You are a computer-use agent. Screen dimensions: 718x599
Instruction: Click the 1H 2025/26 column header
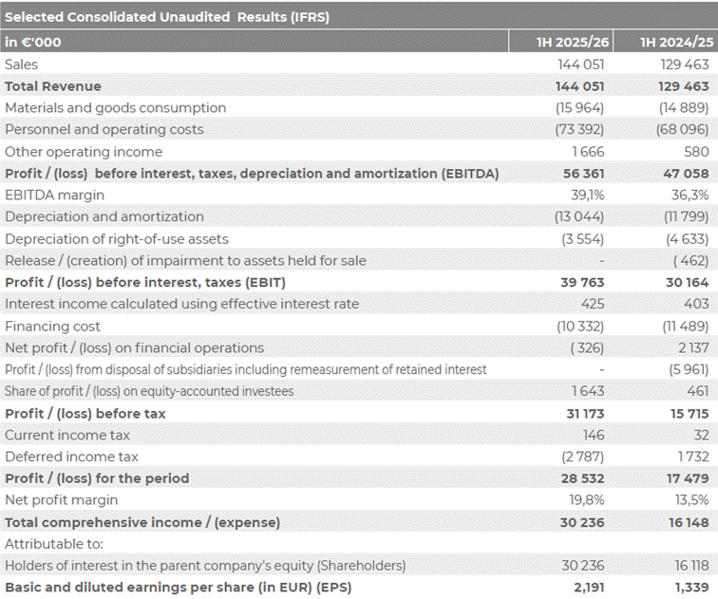tap(573, 42)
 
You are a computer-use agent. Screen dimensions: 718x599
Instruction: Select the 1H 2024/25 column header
tap(677, 42)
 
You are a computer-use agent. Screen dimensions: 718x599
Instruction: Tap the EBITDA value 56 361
tap(583, 174)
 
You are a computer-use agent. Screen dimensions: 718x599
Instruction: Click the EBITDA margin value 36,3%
tap(690, 195)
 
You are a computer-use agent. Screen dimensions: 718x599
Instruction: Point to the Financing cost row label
tap(52, 327)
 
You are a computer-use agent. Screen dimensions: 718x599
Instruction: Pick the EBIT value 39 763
tap(582, 282)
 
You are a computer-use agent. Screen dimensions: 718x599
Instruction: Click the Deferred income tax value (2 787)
tap(582, 457)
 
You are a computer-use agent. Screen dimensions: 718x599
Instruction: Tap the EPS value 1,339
tap(691, 587)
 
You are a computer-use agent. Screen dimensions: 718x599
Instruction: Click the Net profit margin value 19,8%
tap(587, 500)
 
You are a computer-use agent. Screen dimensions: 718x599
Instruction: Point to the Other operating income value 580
tap(696, 152)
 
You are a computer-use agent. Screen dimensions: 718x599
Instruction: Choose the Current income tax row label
tap(67, 435)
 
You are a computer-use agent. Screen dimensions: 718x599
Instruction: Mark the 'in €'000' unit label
tap(33, 42)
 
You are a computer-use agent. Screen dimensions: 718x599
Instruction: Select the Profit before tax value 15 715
tap(690, 414)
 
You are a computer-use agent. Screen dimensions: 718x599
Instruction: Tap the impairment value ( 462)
tap(691, 261)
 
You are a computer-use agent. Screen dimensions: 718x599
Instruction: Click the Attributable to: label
tap(54, 544)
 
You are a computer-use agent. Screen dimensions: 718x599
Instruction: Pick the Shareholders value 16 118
tap(691, 566)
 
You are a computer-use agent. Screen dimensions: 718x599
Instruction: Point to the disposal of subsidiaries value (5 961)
tap(689, 369)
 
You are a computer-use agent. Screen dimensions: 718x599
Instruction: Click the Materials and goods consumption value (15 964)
tap(579, 108)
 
